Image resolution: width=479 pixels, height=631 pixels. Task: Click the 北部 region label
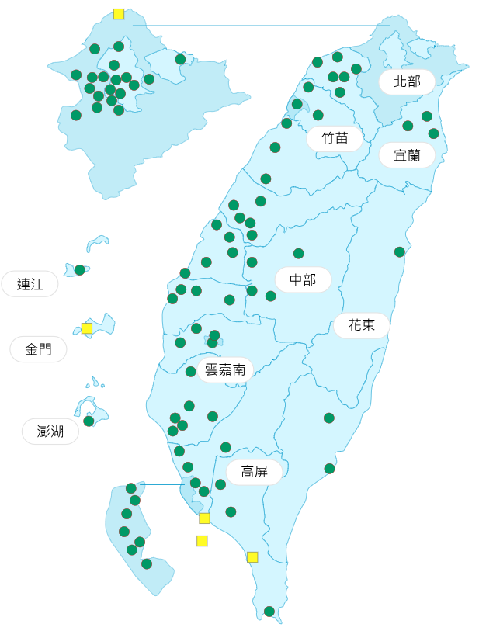coord(407,81)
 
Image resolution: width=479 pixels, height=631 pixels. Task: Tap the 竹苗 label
coord(335,139)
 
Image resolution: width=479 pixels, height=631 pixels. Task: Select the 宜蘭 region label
coord(407,155)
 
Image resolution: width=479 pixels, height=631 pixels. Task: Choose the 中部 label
coord(303,279)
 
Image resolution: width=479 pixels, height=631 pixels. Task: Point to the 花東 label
coord(362,325)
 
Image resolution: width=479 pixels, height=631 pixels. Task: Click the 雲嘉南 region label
coord(225,369)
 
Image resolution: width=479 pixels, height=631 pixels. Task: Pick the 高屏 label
coord(254,472)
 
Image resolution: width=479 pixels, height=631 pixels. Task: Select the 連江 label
coord(30,284)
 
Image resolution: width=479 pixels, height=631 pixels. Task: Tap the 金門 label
coord(38,349)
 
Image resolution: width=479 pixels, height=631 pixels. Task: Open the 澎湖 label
coord(50,431)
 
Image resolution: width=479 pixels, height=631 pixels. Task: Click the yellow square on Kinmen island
coord(87,328)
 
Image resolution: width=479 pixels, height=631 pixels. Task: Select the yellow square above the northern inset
coord(119,14)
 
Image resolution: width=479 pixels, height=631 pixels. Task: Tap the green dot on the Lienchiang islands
coord(80,270)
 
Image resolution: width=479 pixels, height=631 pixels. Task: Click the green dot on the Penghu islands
coord(89,421)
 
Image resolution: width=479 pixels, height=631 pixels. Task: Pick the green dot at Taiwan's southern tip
coord(269,612)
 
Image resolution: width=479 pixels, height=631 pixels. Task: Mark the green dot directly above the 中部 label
coord(299,254)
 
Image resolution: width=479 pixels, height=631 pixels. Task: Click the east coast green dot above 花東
coord(400,252)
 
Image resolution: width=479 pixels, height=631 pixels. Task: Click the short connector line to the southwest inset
coord(163,484)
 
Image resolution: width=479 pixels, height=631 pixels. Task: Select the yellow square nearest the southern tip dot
coord(252,557)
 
